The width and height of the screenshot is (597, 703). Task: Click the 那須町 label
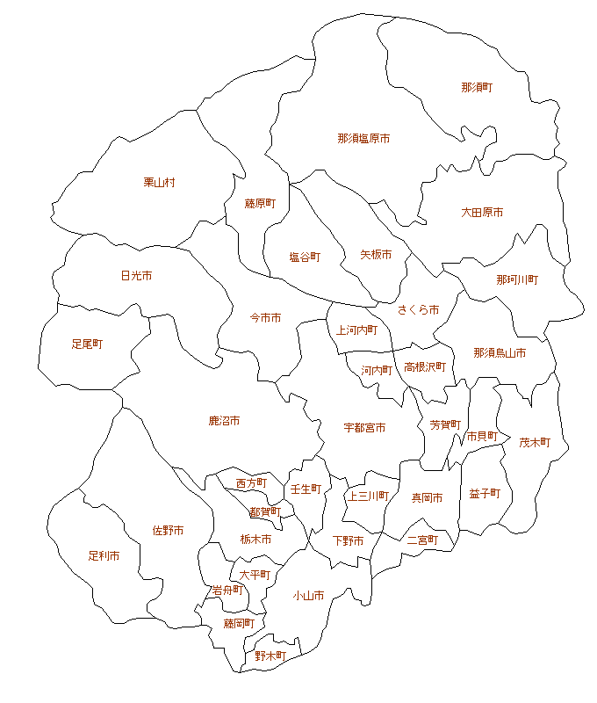(477, 88)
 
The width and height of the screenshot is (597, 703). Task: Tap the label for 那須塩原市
(363, 139)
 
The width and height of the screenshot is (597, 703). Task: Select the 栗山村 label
(160, 183)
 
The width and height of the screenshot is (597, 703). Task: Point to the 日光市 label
(136, 276)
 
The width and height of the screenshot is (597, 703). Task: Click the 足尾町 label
(87, 344)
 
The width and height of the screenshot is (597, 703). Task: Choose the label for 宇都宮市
(364, 428)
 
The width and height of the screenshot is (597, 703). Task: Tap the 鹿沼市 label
(224, 422)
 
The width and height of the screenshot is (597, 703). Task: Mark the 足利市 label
(104, 556)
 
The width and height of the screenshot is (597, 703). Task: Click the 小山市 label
(308, 596)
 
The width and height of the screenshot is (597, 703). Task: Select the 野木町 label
(270, 656)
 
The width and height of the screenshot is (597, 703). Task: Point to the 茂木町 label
(534, 443)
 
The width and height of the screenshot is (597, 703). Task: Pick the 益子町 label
(485, 494)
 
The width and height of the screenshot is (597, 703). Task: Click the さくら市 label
(418, 310)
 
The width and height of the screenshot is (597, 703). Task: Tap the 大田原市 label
(482, 213)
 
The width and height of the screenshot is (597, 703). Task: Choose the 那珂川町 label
(517, 279)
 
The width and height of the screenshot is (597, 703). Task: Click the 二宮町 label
(422, 540)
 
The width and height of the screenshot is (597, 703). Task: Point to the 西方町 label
(251, 483)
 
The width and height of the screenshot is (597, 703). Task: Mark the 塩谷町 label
(305, 257)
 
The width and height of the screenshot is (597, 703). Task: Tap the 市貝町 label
(482, 436)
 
